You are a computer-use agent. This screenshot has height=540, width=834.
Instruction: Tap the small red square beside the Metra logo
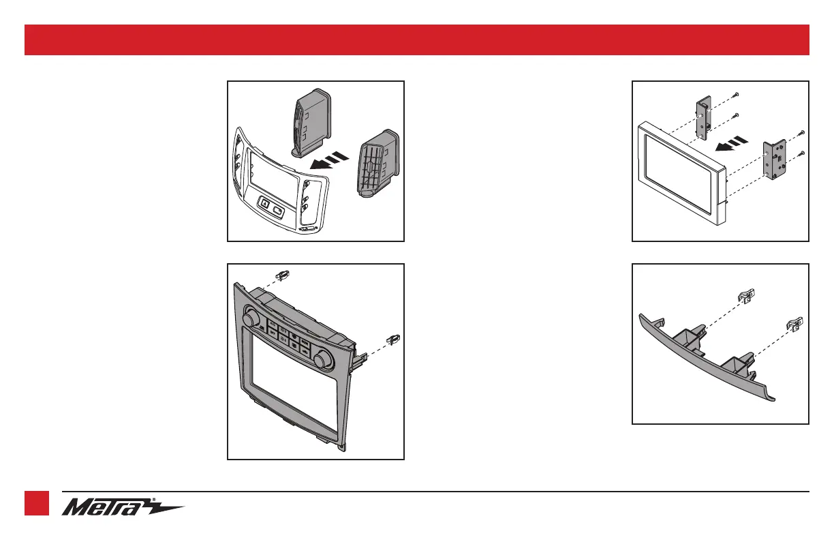[x=37, y=504]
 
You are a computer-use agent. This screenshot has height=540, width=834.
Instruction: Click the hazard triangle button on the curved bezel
[x=264, y=202]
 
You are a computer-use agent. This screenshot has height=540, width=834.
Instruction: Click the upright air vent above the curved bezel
[x=311, y=120]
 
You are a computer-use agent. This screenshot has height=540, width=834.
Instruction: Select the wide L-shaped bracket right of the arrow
[x=776, y=159]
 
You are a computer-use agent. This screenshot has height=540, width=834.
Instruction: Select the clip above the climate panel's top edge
[x=284, y=275]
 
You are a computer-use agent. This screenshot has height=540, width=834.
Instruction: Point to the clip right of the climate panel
[x=392, y=337]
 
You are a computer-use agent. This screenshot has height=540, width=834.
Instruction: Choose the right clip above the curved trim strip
[x=794, y=320]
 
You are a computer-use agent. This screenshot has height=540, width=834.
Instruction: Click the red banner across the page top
[x=416, y=40]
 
